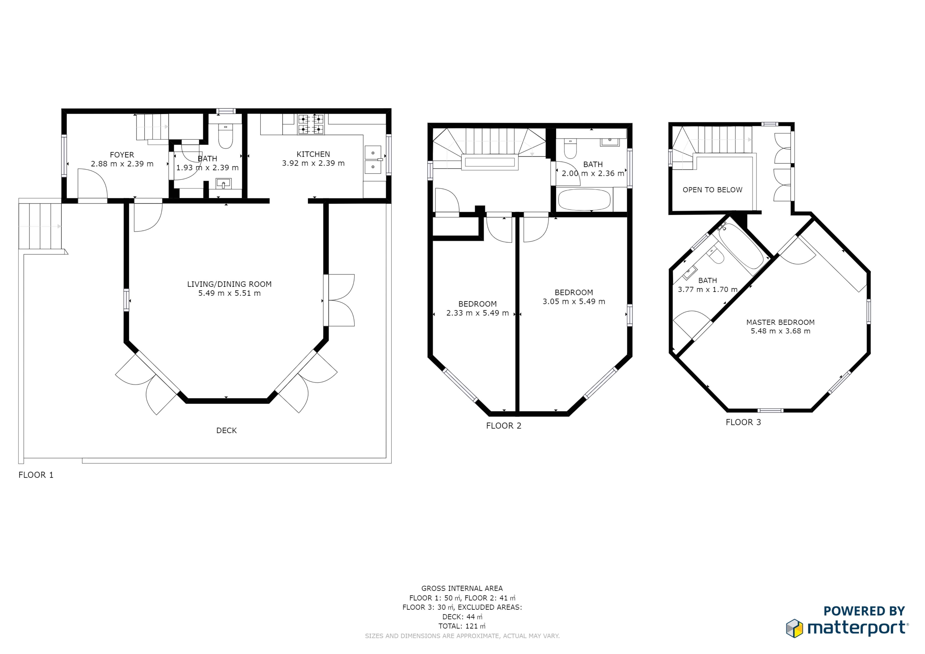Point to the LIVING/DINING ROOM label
pos(229,284)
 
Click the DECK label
pos(226,430)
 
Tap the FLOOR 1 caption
pos(36,475)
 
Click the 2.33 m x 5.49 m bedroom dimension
pos(477,313)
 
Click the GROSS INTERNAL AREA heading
pos(462,588)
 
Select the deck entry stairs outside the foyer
pos(40,226)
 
